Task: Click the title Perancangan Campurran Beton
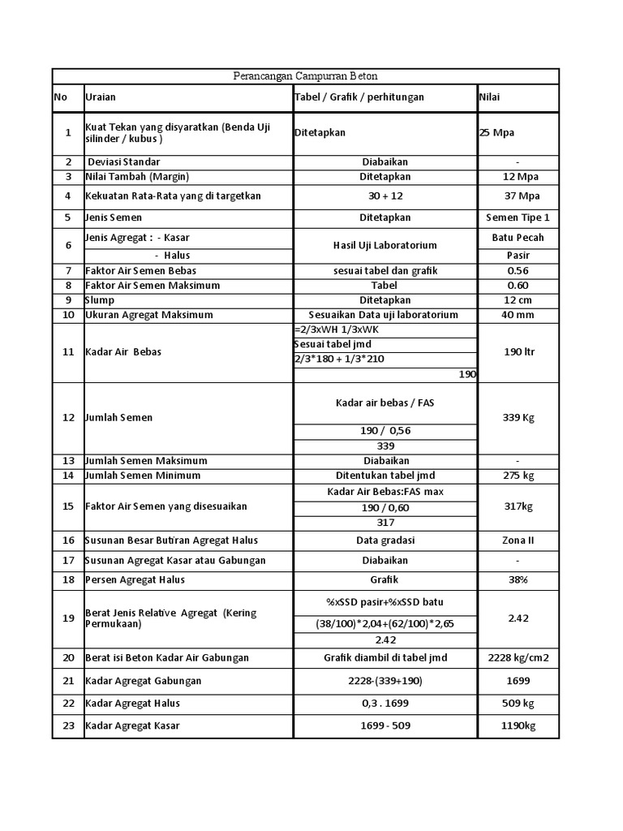point(305,76)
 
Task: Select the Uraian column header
point(101,97)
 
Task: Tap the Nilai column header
point(489,97)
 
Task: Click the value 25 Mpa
point(496,133)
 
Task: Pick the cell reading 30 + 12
point(385,196)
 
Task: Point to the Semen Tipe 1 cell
point(518,217)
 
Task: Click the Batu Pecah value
point(518,238)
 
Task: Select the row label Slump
point(101,300)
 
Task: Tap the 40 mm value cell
point(518,315)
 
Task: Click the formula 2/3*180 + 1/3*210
point(339,359)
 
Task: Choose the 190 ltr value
point(518,352)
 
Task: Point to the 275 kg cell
point(518,476)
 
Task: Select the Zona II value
point(518,540)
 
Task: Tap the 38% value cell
point(518,580)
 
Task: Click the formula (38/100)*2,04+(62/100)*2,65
point(385,623)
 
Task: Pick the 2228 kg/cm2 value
point(518,658)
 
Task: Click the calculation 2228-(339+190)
point(385,681)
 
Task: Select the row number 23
point(68,726)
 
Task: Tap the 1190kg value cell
point(518,726)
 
